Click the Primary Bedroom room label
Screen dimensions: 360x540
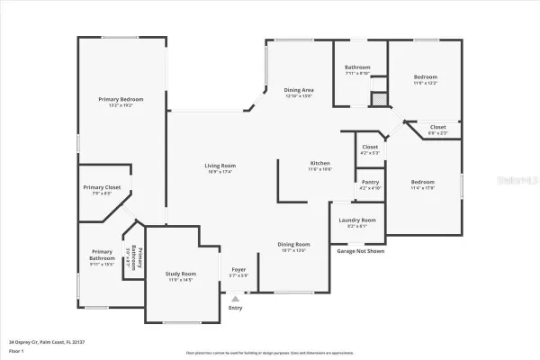point(121,99)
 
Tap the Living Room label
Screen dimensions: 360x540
point(220,166)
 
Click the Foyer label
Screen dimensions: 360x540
point(238,269)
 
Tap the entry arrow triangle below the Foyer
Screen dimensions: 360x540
point(236,298)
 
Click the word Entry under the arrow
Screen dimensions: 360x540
point(236,308)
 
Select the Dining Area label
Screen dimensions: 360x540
point(299,90)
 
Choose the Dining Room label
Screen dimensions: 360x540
point(293,244)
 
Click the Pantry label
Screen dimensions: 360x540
point(370,181)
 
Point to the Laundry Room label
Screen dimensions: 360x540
point(357,220)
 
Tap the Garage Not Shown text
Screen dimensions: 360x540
point(361,251)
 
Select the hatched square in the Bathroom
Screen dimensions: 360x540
point(379,97)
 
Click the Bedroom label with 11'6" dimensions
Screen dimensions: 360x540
point(426,77)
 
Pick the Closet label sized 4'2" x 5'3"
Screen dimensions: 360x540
point(370,147)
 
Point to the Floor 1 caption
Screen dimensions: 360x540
point(16,350)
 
